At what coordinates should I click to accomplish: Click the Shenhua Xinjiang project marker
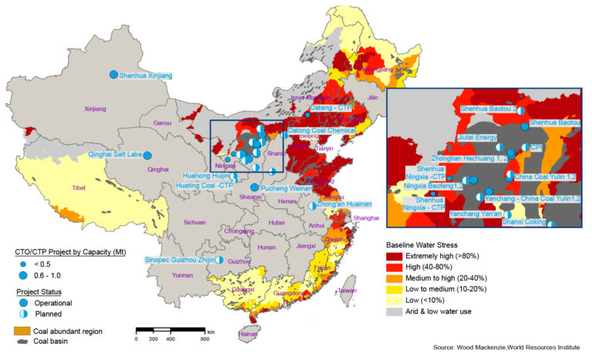(x=113, y=74)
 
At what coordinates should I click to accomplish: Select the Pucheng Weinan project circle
(x=254, y=187)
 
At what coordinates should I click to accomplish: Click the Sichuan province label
(x=195, y=223)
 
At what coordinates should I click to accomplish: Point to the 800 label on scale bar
(x=204, y=339)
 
